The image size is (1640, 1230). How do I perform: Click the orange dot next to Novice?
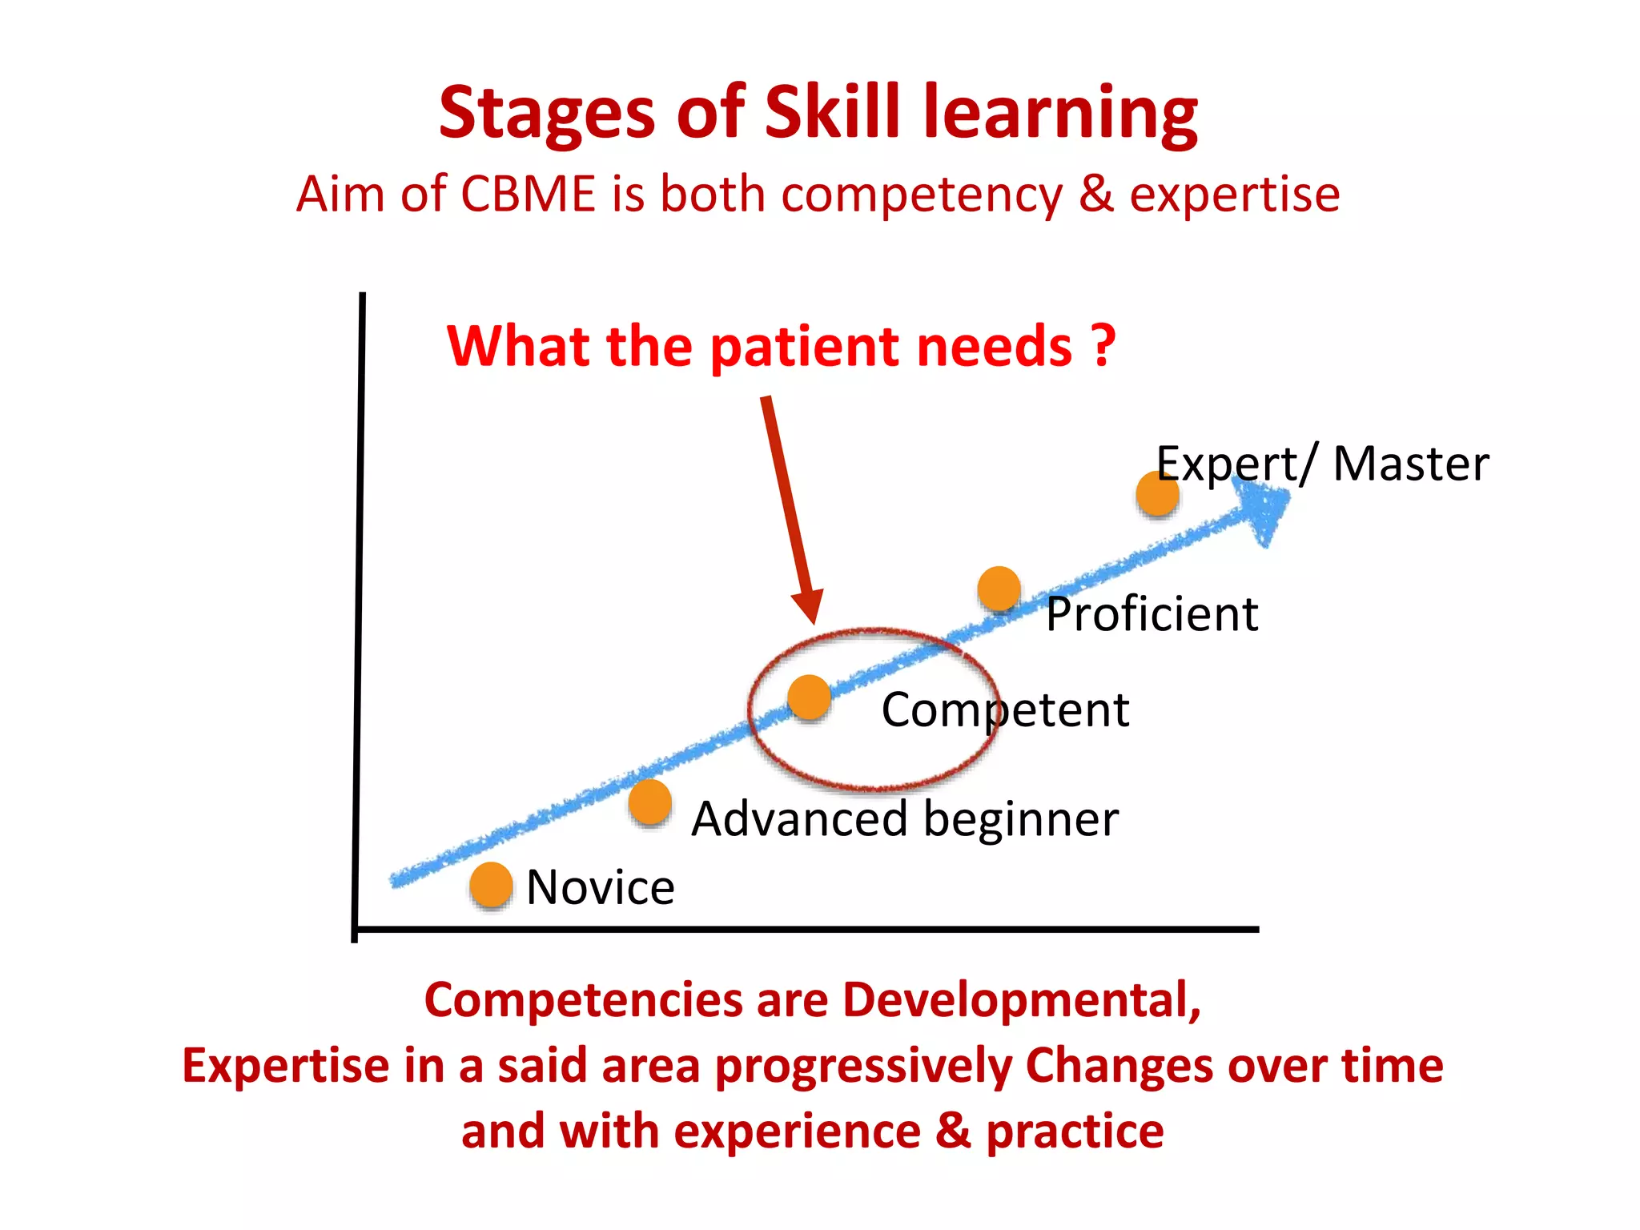[491, 885]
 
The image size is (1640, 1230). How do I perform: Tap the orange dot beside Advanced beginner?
[649, 802]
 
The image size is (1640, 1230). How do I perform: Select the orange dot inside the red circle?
[809, 697]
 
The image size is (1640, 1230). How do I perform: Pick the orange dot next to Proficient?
[999, 589]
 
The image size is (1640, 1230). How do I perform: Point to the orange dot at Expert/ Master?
[1157, 493]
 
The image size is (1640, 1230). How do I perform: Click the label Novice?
[601, 887]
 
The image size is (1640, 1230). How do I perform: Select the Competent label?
[1005, 709]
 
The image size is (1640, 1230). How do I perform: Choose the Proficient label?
[1152, 614]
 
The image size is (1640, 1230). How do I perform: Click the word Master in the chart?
[1410, 464]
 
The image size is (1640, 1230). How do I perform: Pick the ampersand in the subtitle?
[1095, 195]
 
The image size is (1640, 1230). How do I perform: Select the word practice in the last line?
[1074, 1132]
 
